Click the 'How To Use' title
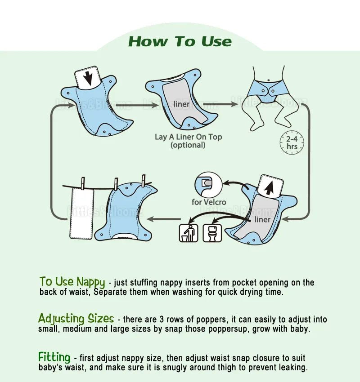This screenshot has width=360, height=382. point(180,42)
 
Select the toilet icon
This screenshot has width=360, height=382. point(212,233)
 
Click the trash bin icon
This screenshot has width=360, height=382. point(189,233)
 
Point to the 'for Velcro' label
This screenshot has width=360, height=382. point(209,202)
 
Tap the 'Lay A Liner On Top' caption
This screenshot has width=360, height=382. point(188,137)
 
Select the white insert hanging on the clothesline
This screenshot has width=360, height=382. point(81,213)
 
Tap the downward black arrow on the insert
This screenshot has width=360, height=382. point(89,78)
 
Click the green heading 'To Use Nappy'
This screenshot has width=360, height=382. point(72,282)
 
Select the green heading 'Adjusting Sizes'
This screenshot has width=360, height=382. point(76,319)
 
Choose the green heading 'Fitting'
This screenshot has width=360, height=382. point(54,358)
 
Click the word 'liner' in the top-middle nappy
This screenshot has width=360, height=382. point(181,104)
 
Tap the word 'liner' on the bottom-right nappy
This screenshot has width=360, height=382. point(262,219)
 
